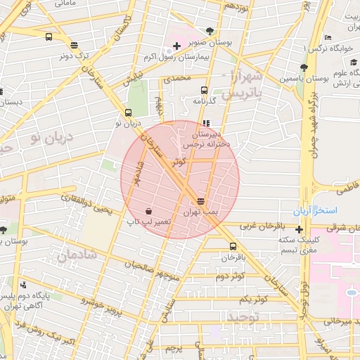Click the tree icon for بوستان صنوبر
(210, 30)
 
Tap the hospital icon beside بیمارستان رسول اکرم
(176, 46)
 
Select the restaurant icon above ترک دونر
(74, 44)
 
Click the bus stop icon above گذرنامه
(204, 90)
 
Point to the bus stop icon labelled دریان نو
(128, 112)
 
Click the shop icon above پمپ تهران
(202, 201)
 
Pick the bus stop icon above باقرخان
(233, 246)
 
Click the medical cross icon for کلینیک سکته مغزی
(300, 229)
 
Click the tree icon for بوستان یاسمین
(303, 68)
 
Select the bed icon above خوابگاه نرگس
(328, 38)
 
